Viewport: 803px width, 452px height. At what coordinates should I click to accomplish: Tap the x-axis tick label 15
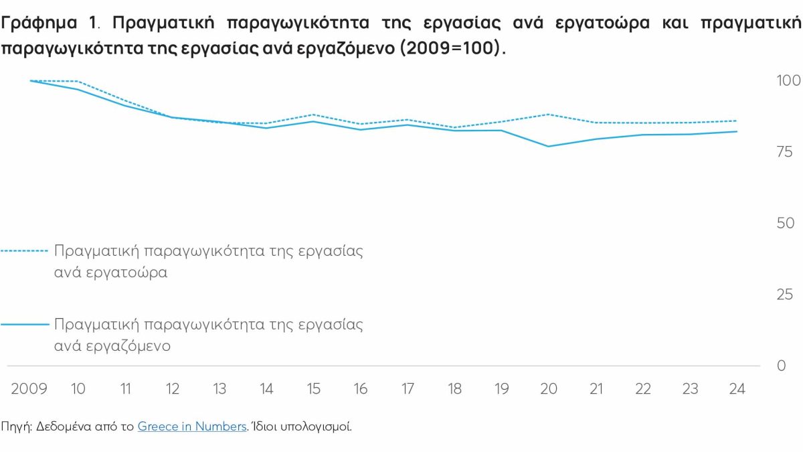tap(314, 389)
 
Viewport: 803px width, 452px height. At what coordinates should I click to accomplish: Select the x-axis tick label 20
tap(549, 389)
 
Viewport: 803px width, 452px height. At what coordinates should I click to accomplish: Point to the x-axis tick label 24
tap(737, 389)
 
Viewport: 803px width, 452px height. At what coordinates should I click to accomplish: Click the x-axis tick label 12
tap(173, 389)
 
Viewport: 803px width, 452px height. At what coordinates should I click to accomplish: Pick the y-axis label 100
tap(788, 81)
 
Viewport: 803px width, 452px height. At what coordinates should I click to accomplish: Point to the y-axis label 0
tap(780, 366)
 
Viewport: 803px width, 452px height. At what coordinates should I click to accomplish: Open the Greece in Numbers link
tap(192, 427)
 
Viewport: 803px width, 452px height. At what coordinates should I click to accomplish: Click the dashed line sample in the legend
tap(25, 252)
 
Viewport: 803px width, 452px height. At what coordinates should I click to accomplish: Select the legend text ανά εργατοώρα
tap(111, 273)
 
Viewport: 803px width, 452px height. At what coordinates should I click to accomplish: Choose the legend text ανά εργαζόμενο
tap(112, 346)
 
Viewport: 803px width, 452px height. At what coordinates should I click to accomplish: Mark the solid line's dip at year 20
tap(549, 146)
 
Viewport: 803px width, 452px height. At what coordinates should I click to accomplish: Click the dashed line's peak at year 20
tap(549, 115)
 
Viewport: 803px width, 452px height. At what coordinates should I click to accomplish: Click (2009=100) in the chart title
tap(449, 50)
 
